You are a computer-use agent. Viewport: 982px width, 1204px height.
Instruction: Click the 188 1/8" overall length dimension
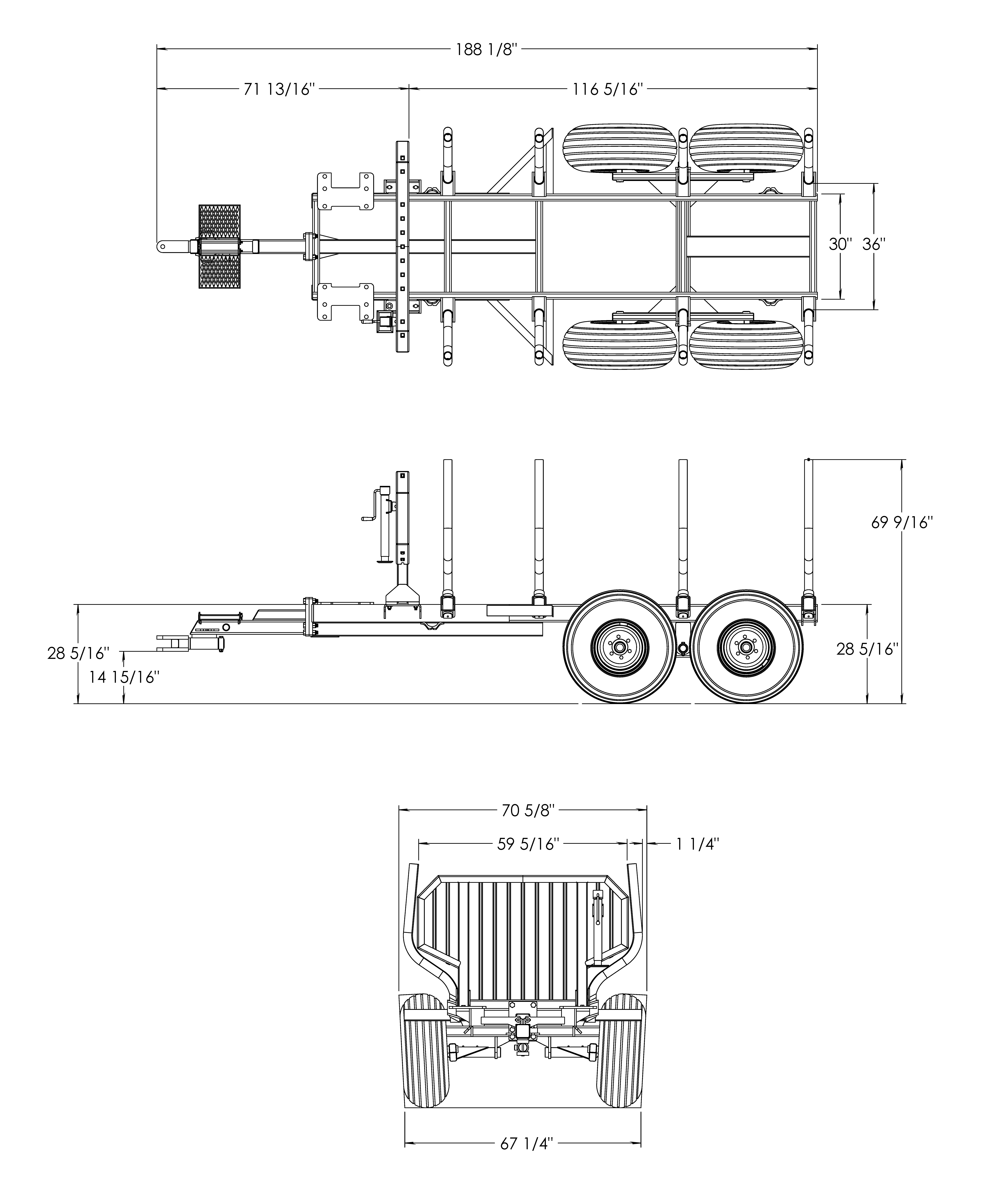(x=486, y=50)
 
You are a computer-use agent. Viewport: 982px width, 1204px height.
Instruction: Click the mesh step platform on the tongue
(x=220, y=246)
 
